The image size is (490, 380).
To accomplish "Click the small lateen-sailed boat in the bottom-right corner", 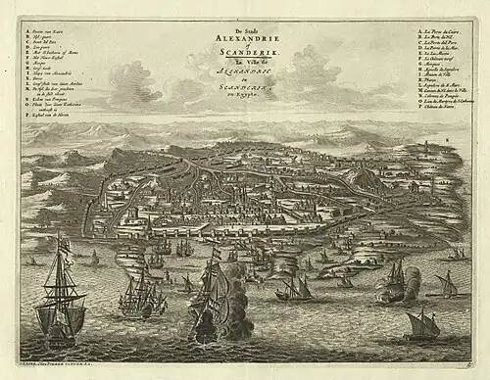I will (x=421, y=323).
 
